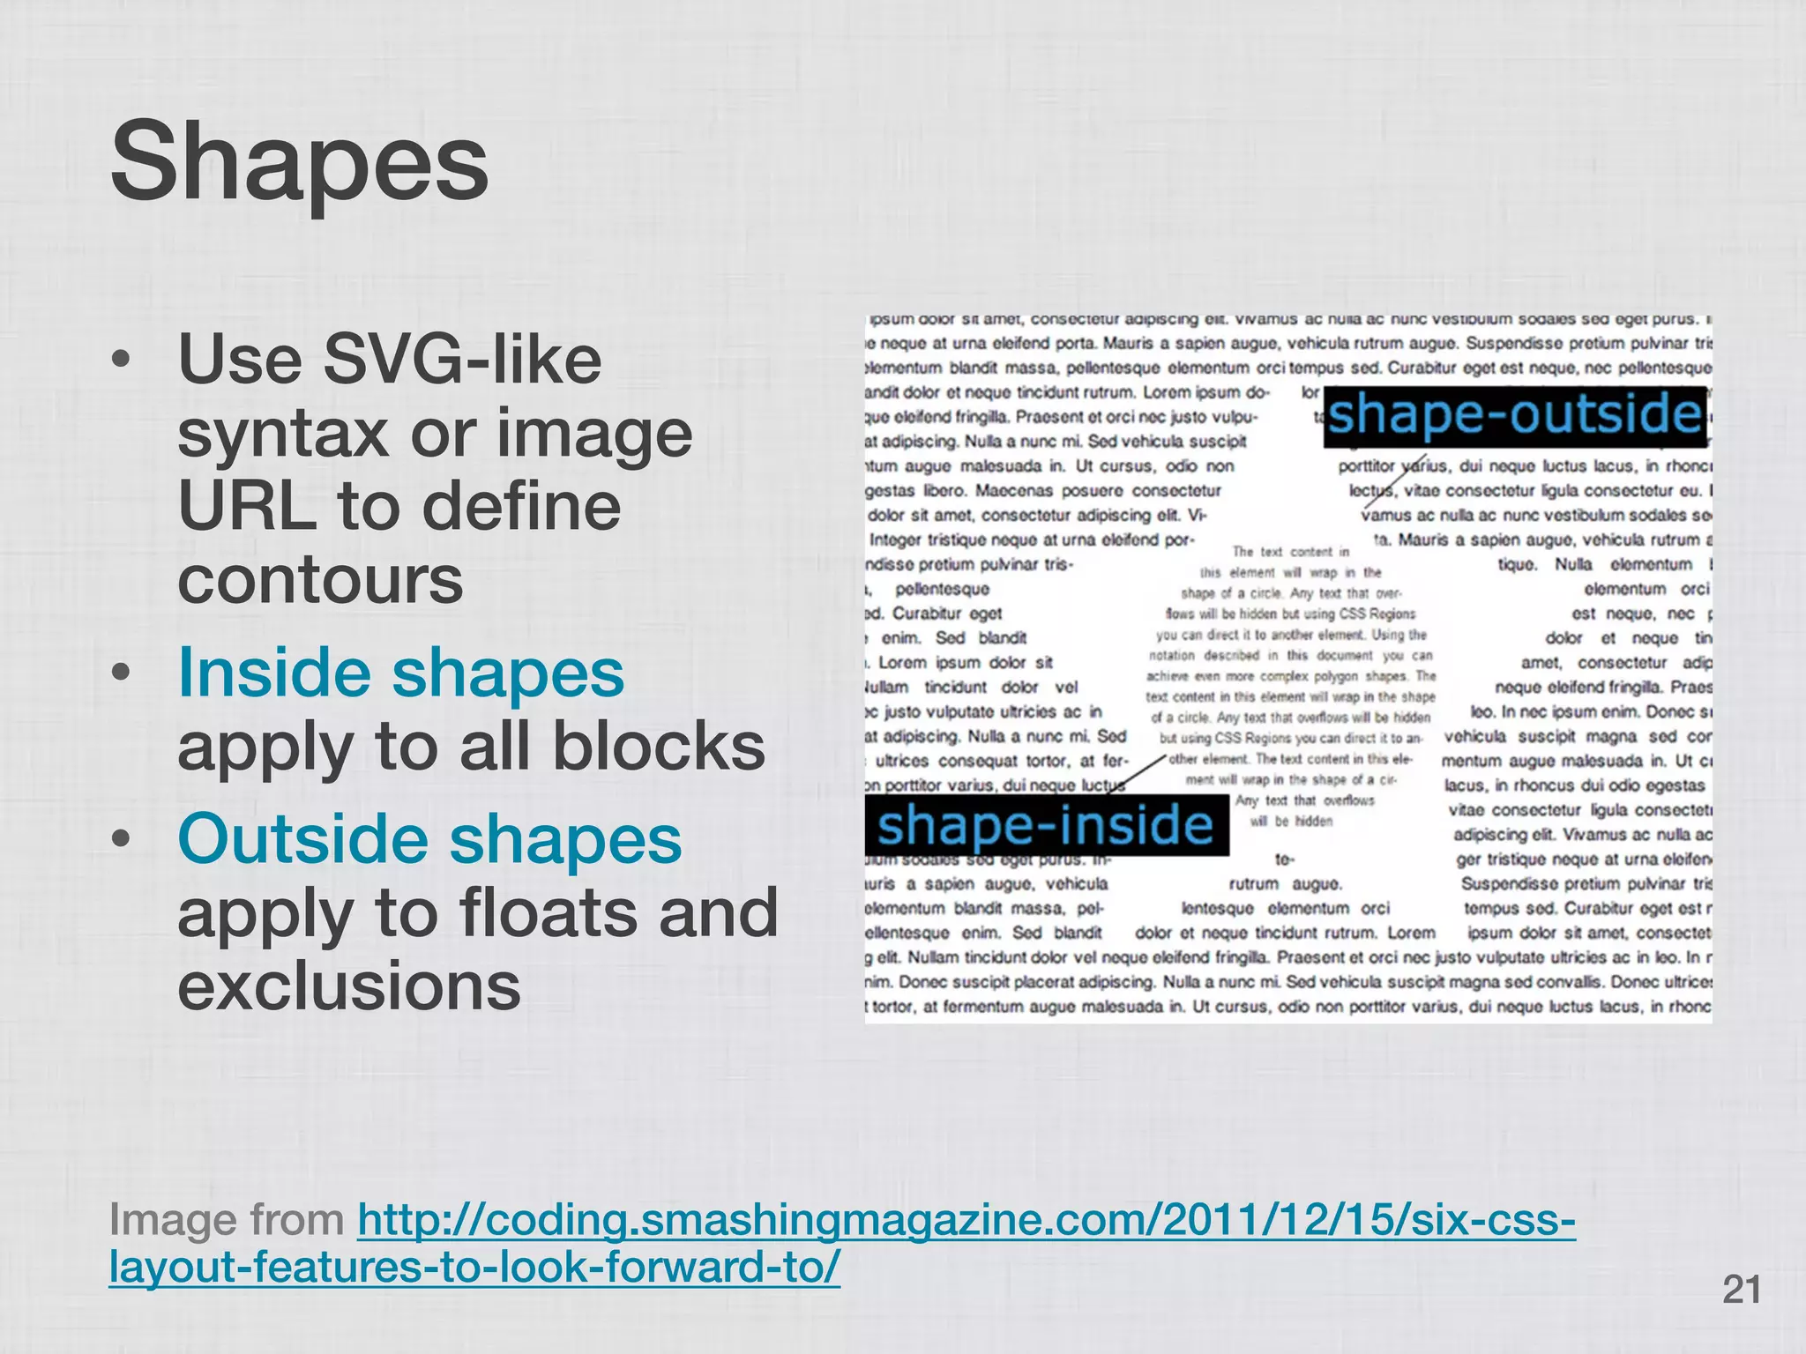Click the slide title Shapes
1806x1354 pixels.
pos(299,164)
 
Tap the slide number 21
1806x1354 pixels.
pos(1741,1290)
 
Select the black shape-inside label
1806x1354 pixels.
pos(1046,825)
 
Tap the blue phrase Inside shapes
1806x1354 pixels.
pos(401,673)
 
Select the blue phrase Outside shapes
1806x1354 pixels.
pos(429,837)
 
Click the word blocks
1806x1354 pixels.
pos(659,746)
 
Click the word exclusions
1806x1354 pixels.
pos(349,985)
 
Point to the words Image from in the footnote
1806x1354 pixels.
pos(227,1220)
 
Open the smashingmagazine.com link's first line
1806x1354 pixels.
pos(966,1220)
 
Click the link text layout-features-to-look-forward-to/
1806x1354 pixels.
pos(474,1267)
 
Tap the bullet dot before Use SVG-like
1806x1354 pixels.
pos(123,361)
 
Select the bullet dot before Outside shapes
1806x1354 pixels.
pos(123,839)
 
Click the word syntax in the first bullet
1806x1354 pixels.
pos(283,434)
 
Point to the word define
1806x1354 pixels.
pos(522,506)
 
